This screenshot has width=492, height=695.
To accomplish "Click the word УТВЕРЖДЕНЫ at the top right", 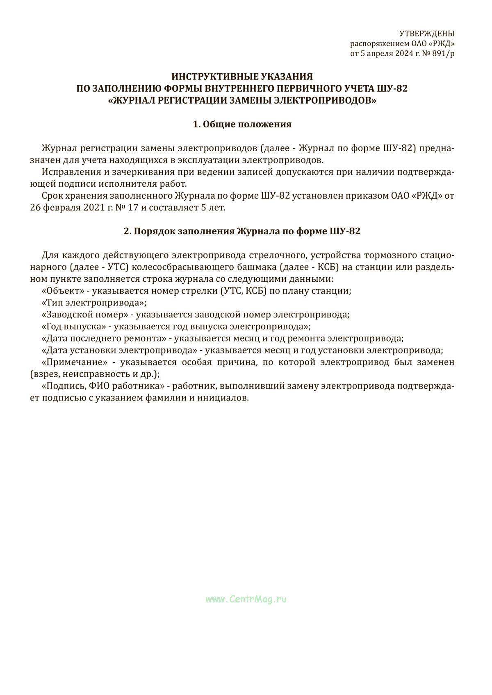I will point(427,34).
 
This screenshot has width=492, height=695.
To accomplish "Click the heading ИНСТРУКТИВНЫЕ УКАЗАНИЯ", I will point(242,77).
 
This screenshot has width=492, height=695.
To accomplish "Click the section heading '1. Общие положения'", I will point(242,124).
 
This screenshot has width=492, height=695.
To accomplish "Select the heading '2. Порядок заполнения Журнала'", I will point(242,231).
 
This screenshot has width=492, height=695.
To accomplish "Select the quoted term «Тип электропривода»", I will point(93,303).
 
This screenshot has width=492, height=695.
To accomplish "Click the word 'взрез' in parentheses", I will point(43,374).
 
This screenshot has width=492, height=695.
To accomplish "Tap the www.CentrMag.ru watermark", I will point(246,599).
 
